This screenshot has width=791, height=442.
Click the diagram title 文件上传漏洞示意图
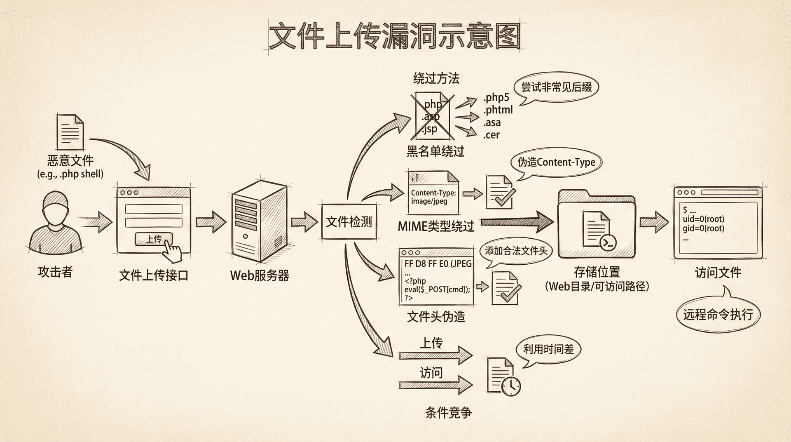coord(395,36)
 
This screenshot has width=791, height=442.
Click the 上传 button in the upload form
coord(154,239)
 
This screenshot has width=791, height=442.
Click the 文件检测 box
coord(349,222)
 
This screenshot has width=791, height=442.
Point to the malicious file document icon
coord(70,132)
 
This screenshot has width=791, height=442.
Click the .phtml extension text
coord(498,110)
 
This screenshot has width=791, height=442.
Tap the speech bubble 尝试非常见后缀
coord(556,87)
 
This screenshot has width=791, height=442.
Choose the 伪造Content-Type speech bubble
coord(556,162)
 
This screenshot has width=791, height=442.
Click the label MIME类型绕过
coord(436,226)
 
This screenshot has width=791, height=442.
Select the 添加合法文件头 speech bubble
coord(516,251)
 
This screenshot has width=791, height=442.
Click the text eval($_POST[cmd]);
coord(437,289)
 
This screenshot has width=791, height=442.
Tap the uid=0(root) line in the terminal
coord(703,219)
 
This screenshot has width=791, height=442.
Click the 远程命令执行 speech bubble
coord(718,315)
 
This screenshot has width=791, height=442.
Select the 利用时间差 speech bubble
coord(548,350)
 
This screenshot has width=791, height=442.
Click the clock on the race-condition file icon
coord(512,386)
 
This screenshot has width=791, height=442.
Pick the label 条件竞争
coord(448,412)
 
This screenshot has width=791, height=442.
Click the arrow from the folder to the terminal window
coord(654,222)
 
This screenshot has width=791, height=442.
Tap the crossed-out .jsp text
coord(430,129)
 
